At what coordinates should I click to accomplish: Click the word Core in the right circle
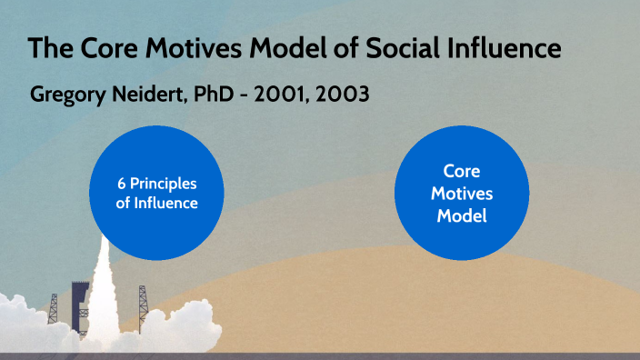tap(461, 171)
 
